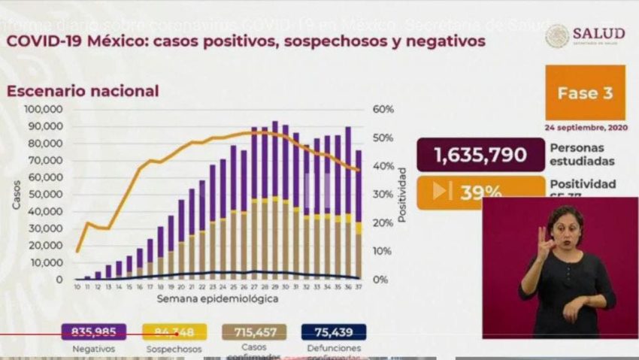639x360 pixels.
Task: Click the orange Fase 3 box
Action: click(x=585, y=93)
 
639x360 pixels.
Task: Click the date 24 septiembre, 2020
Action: click(x=585, y=126)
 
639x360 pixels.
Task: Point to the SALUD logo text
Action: click(x=598, y=34)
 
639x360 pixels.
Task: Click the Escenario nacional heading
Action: click(x=83, y=91)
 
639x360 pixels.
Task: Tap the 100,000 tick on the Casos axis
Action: click(x=47, y=110)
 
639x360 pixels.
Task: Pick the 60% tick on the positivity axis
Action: click(x=383, y=110)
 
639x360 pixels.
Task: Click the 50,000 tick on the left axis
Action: click(x=50, y=195)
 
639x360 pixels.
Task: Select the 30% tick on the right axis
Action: click(x=383, y=195)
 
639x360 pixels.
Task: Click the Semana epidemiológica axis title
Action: click(x=218, y=299)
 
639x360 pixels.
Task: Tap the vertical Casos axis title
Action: click(x=17, y=194)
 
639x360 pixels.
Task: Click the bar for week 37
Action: click(x=358, y=214)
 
